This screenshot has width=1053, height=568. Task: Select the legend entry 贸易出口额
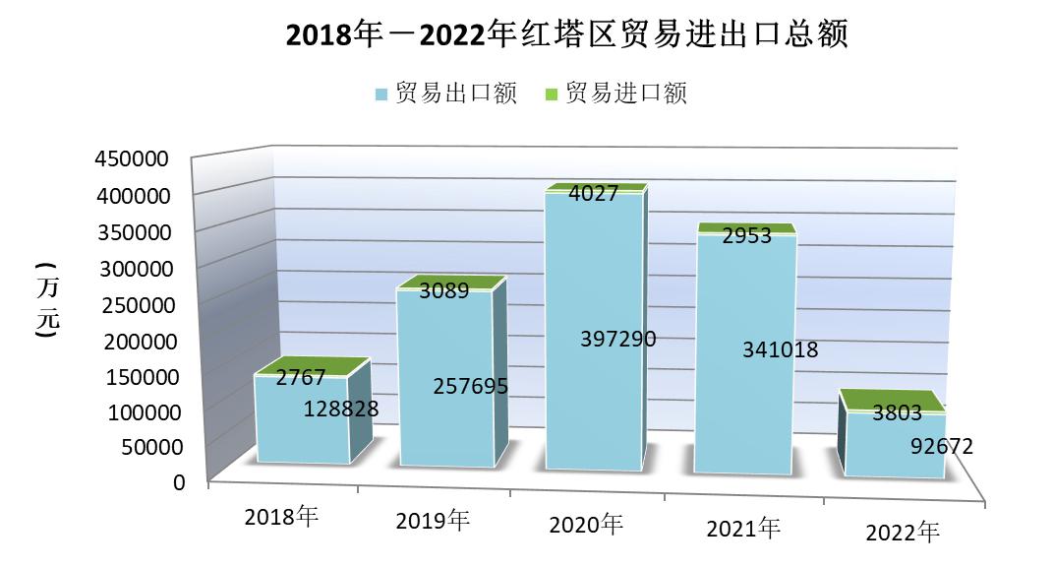pyautogui.click(x=446, y=94)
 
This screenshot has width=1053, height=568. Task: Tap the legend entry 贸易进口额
pyautogui.click(x=615, y=94)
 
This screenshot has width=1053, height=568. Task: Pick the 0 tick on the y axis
pyautogui.click(x=179, y=482)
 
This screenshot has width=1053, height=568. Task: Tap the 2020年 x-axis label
pyautogui.click(x=586, y=525)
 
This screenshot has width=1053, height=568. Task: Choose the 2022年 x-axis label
pyautogui.click(x=903, y=533)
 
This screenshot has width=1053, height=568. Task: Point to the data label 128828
pyautogui.click(x=341, y=408)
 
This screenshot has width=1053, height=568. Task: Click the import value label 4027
pyautogui.click(x=593, y=194)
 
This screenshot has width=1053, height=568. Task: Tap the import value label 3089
pyautogui.click(x=443, y=290)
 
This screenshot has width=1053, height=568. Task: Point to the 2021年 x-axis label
pyautogui.click(x=743, y=529)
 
